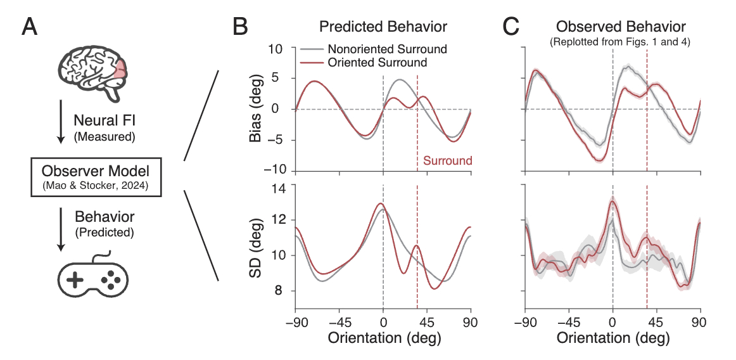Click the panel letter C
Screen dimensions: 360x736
pos(511,27)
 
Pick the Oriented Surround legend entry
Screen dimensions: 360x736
pos(378,62)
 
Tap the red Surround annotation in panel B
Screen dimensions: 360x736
pos(447,161)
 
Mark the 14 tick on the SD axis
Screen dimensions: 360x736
pos(279,188)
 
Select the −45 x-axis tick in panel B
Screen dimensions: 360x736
pos(339,321)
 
